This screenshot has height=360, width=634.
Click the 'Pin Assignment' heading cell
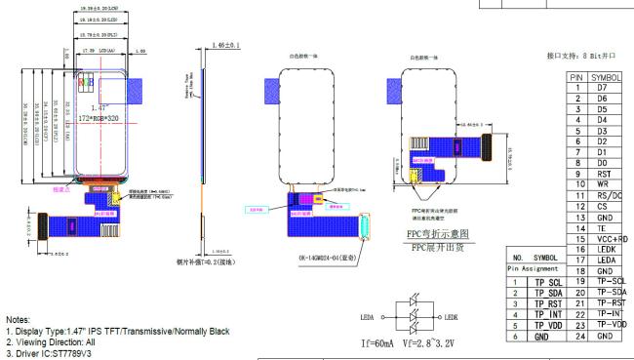point(533,267)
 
